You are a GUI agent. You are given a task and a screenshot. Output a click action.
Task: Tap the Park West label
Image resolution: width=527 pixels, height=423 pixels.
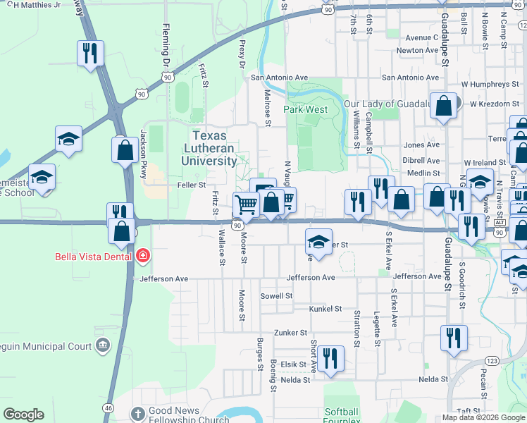point(306,110)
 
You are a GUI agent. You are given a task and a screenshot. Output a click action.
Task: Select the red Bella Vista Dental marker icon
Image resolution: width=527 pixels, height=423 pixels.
point(144,256)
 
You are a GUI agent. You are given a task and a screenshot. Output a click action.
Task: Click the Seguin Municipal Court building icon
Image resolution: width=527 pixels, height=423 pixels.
point(103,345)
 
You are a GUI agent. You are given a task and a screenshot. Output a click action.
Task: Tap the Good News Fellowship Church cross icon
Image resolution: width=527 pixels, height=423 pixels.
point(138,412)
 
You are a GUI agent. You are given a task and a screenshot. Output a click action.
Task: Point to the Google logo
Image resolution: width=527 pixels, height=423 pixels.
point(23,415)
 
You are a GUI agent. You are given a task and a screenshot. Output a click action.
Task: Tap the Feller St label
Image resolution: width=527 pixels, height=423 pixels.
point(192,185)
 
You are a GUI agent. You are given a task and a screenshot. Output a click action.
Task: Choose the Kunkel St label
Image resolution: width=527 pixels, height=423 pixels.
point(325,309)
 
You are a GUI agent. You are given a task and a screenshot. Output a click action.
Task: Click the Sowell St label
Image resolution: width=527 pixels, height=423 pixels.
point(276,296)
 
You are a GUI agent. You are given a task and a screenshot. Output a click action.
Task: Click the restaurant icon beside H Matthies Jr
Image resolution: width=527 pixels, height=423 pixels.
point(91,54)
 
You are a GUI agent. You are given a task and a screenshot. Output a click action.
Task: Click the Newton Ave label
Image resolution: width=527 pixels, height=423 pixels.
point(418,51)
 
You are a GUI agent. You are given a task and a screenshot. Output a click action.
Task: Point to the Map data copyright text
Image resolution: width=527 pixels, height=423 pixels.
point(483,417)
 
